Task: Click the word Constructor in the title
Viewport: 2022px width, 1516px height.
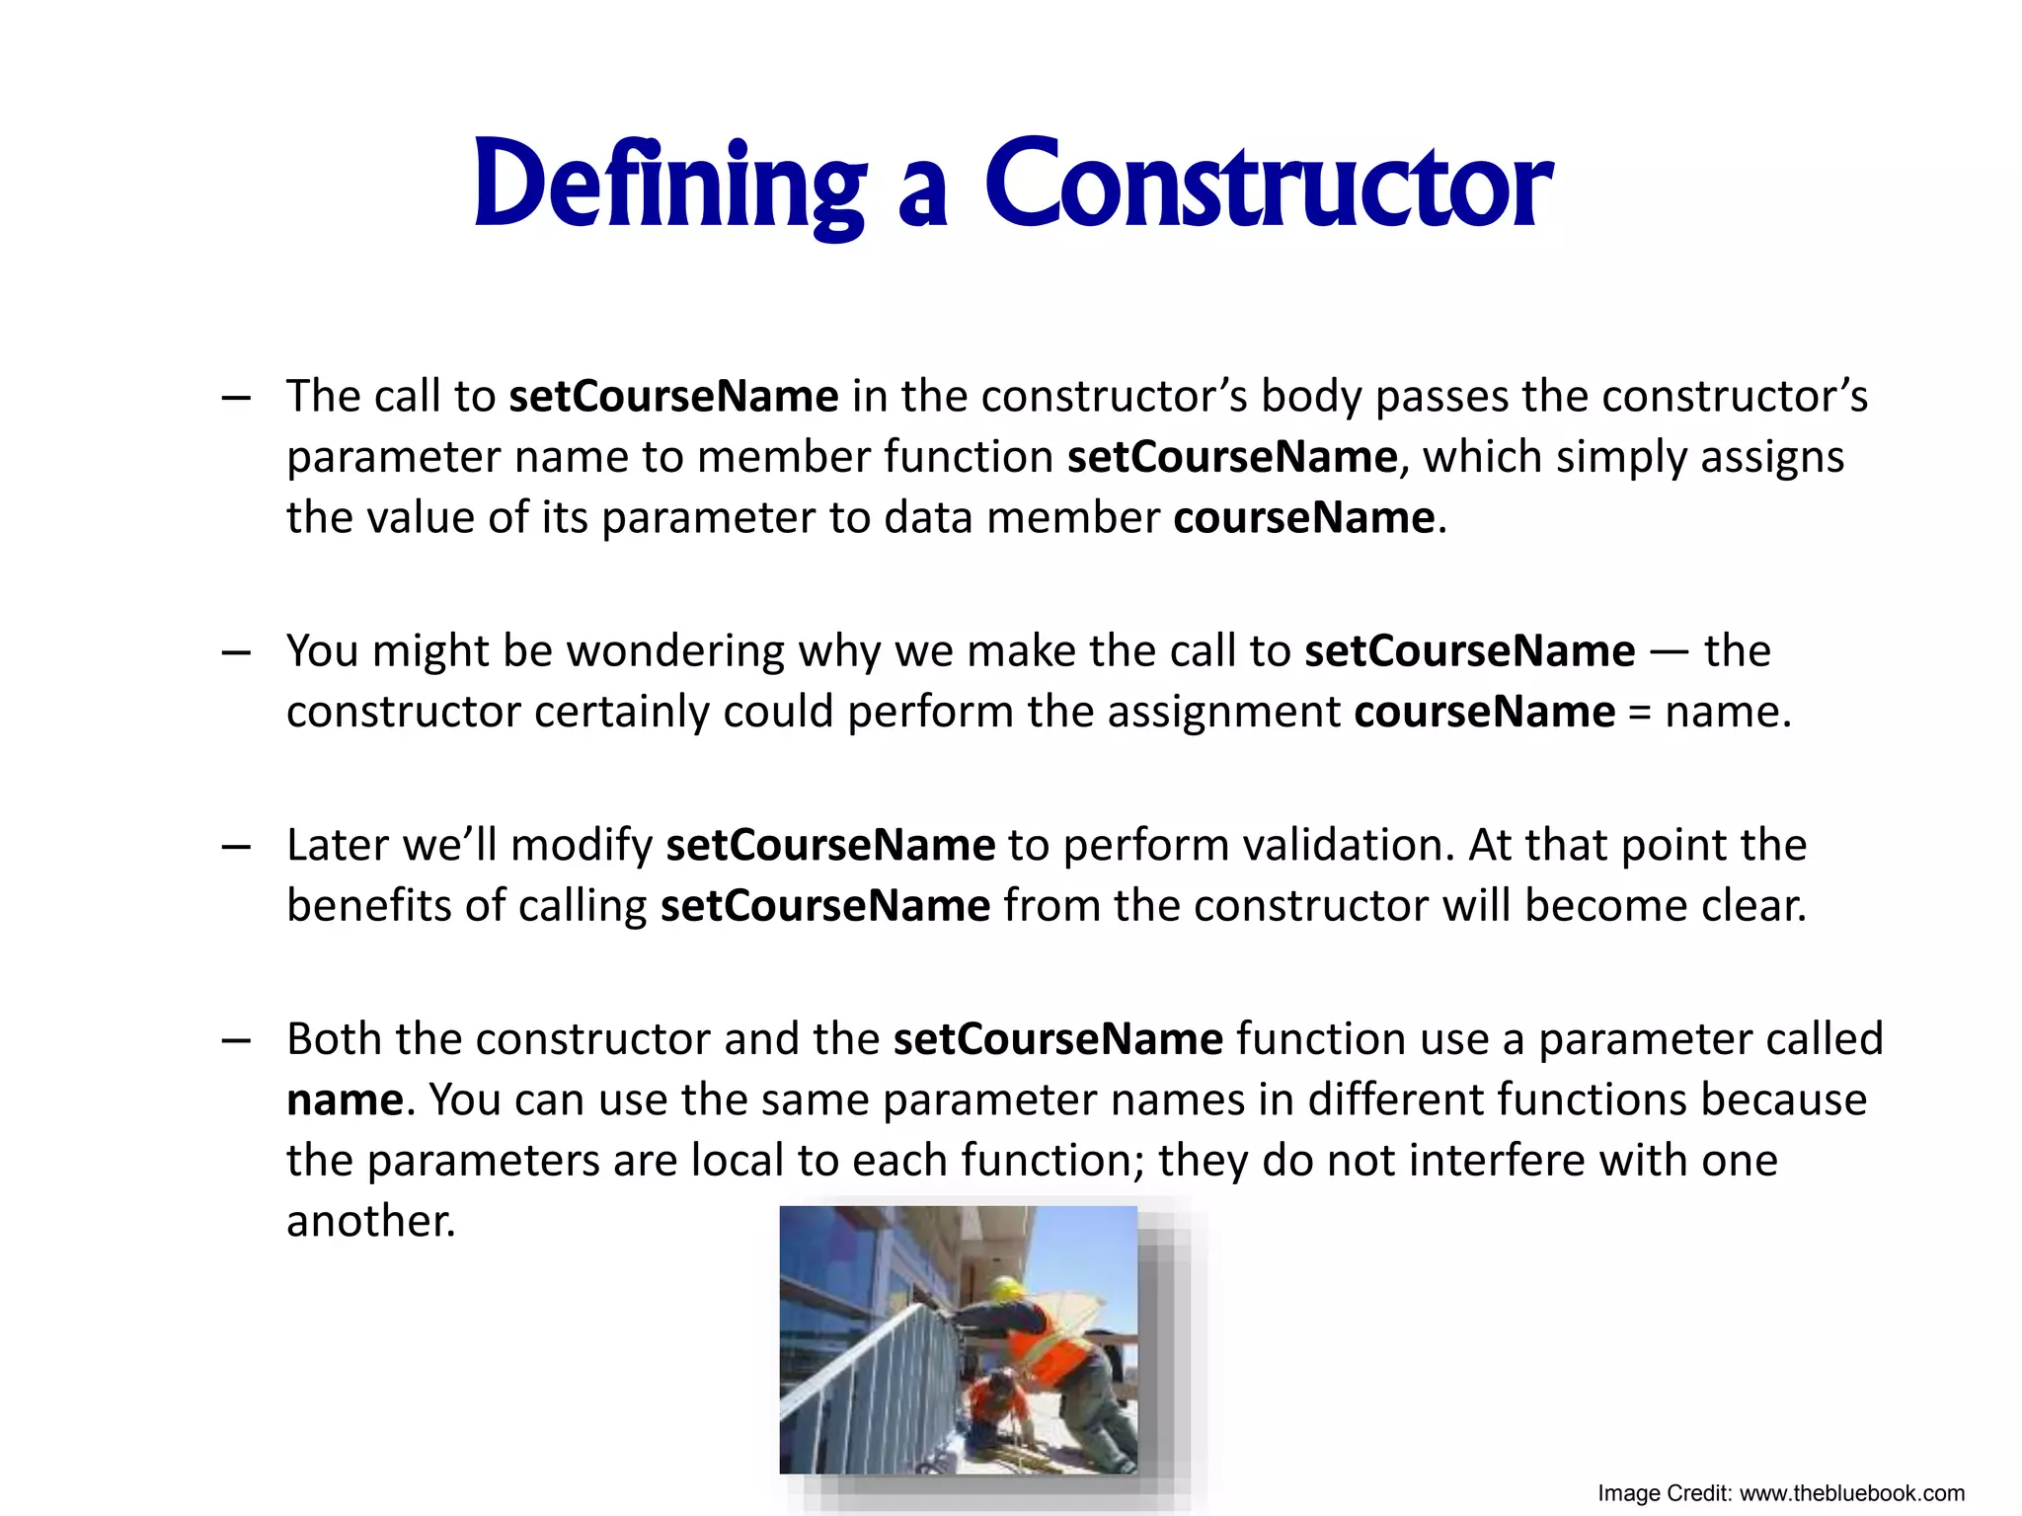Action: [x=1268, y=186]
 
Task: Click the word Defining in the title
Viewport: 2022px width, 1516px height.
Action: [x=669, y=186]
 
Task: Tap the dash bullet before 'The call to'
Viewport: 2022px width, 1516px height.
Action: [x=236, y=398]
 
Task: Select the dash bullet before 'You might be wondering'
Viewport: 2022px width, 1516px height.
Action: [x=236, y=652]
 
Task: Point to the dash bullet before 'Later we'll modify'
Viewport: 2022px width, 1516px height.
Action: [x=236, y=847]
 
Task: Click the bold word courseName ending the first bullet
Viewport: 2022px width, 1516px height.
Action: [x=1303, y=518]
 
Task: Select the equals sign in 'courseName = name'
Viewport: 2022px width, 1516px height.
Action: [x=1639, y=713]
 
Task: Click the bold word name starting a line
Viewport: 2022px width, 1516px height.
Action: [x=345, y=1100]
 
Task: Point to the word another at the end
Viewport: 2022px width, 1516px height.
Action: [x=370, y=1222]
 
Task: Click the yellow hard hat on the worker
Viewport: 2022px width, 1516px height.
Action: [x=1006, y=1288]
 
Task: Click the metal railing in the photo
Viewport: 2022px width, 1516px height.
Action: [x=869, y=1382]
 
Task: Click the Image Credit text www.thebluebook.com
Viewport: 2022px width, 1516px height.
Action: [x=1851, y=1493]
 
